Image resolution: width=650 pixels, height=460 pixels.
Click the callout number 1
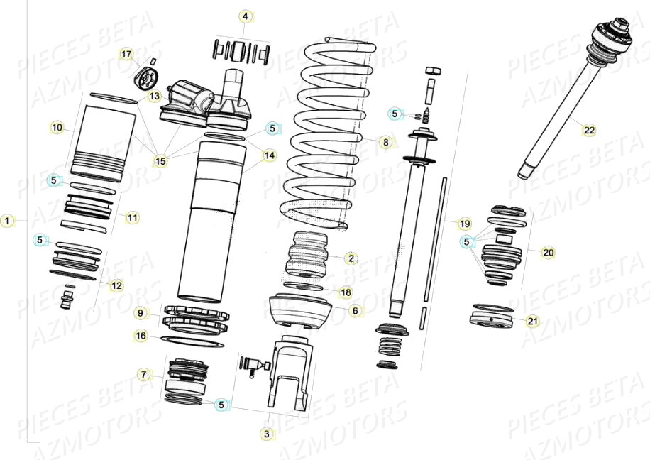(7, 221)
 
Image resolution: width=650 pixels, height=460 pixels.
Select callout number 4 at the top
(245, 16)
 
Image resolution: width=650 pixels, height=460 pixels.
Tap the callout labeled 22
(589, 129)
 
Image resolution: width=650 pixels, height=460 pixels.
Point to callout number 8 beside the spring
(385, 142)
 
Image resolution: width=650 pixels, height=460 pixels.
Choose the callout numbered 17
(126, 55)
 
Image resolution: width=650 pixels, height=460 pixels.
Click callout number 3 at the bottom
(267, 433)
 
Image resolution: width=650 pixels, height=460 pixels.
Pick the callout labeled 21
(532, 321)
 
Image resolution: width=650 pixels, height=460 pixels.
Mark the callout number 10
(57, 128)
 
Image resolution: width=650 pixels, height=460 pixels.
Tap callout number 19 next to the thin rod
(464, 224)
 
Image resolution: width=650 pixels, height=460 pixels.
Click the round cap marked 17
(148, 75)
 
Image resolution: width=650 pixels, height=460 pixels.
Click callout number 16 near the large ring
(141, 336)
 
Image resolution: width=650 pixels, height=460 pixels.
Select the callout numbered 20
(548, 252)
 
